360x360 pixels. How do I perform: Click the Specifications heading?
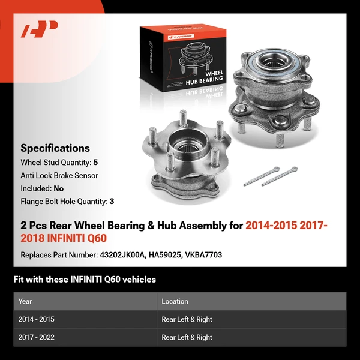[55, 148]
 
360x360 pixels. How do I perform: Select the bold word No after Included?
[59, 188]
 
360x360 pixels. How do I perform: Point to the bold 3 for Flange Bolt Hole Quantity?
[112, 202]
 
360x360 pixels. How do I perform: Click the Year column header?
[25, 301]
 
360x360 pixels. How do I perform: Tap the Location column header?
[175, 301]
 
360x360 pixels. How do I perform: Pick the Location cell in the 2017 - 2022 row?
[187, 337]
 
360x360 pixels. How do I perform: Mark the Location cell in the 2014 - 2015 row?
[187, 319]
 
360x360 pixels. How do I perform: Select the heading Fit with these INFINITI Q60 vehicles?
[85, 279]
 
